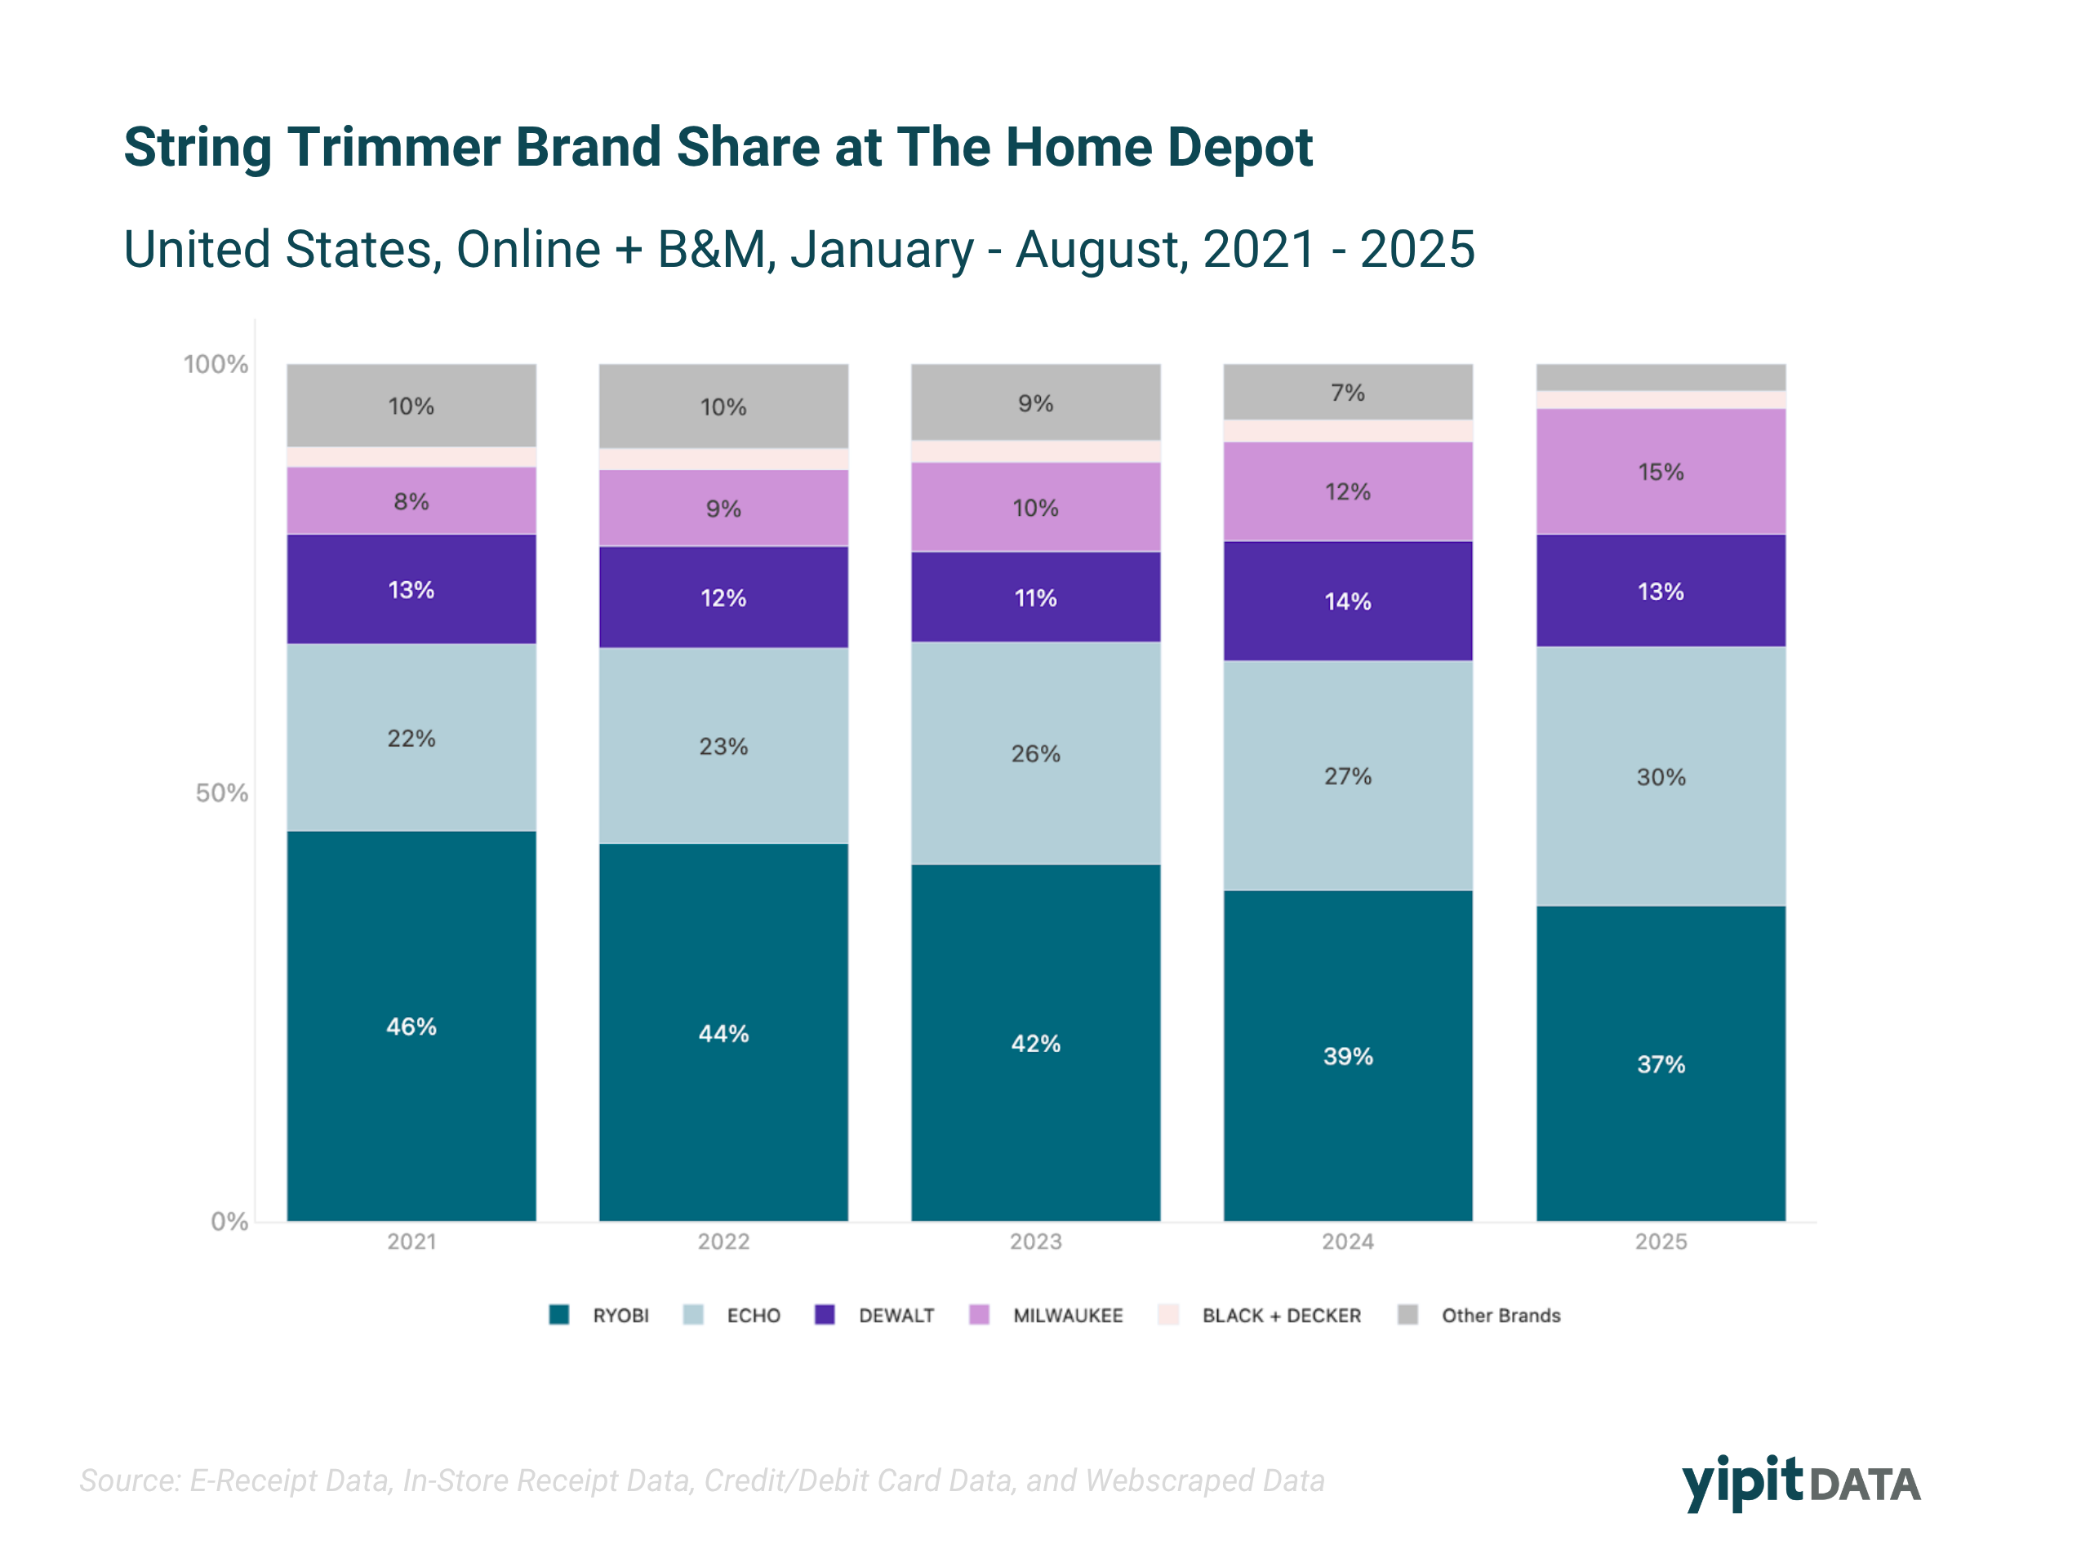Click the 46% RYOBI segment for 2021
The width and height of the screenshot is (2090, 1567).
[x=411, y=1026]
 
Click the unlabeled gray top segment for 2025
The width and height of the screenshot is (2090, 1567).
[x=1660, y=377]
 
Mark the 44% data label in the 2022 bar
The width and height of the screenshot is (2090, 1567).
[x=724, y=1033]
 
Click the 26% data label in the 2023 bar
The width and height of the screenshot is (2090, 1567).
[x=1035, y=754]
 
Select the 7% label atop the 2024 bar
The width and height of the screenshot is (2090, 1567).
[x=1347, y=392]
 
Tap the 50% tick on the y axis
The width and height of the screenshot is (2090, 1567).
[x=221, y=792]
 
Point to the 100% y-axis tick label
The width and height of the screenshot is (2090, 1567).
[x=216, y=364]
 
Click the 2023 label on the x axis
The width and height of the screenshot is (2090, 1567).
[x=1035, y=1241]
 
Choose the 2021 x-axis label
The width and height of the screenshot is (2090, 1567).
[x=411, y=1241]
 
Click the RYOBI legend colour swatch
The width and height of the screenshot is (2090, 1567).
[x=559, y=1315]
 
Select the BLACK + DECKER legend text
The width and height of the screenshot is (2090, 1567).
[x=1281, y=1315]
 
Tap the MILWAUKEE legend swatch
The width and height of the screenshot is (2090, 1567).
[x=979, y=1315]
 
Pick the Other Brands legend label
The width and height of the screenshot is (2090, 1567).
[x=1501, y=1315]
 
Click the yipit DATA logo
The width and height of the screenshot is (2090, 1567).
[x=1800, y=1482]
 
